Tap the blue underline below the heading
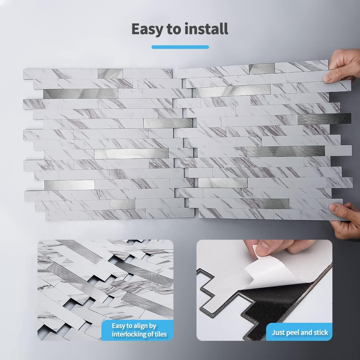coord(180,47)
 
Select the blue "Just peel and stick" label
coord(300,332)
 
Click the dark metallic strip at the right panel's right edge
coord(324,118)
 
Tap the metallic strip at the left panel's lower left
coord(69,185)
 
